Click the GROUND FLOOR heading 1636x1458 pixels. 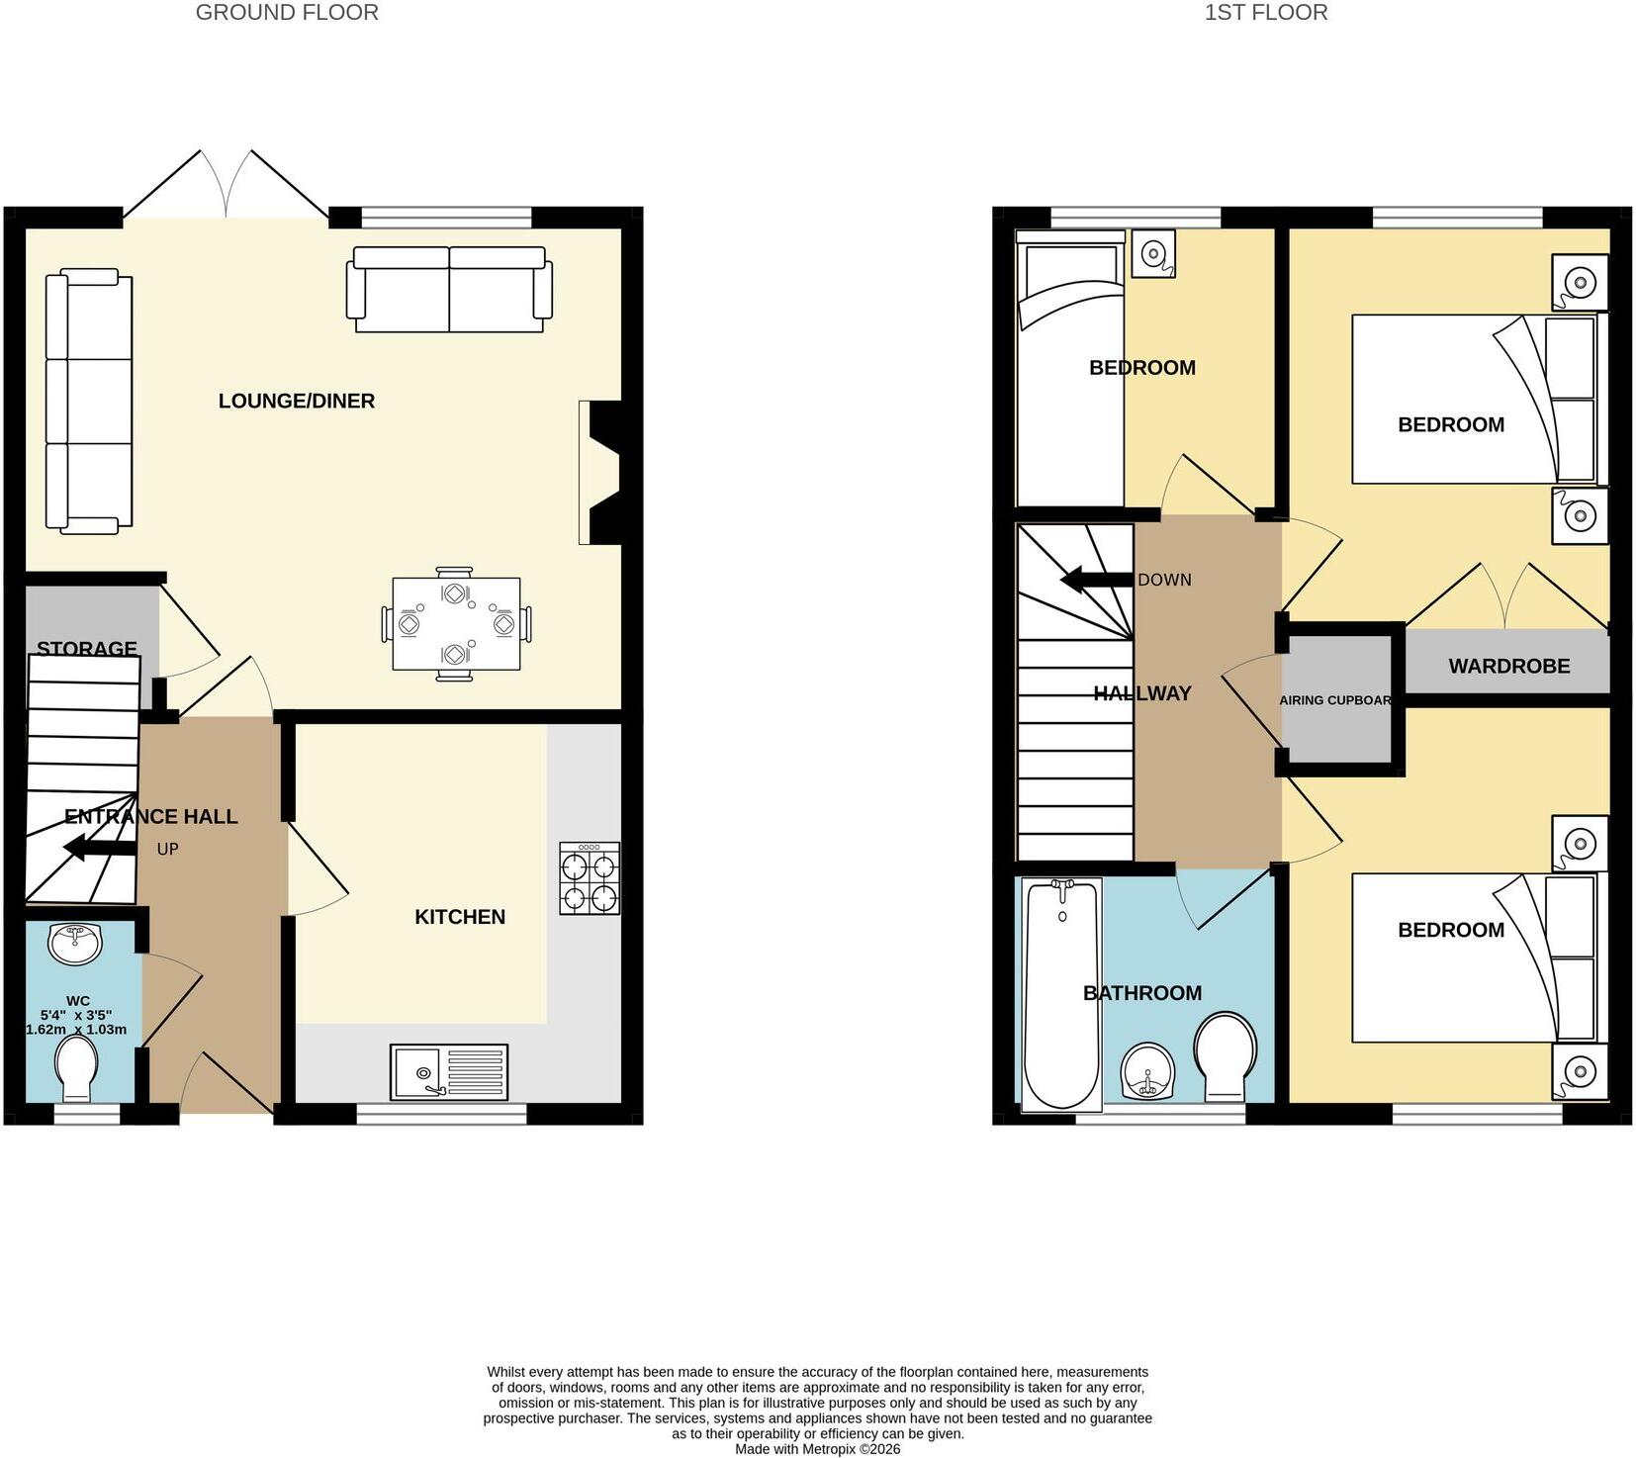[287, 13]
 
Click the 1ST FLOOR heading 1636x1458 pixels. [1265, 13]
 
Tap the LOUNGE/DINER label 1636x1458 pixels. [297, 401]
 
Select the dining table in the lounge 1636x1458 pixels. [456, 624]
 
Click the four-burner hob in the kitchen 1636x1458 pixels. [590, 877]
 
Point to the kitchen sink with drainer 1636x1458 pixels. [449, 1072]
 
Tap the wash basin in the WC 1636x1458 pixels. [75, 944]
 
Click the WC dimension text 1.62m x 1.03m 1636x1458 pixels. [76, 1030]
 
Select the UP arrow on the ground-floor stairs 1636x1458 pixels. [100, 848]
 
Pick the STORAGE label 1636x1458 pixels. [87, 648]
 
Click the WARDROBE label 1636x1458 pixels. [1509, 666]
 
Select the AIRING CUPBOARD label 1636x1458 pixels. [1335, 700]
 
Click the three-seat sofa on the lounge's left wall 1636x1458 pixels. [89, 401]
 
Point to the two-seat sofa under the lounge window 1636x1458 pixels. [449, 289]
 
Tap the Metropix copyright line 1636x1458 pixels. [818, 1449]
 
